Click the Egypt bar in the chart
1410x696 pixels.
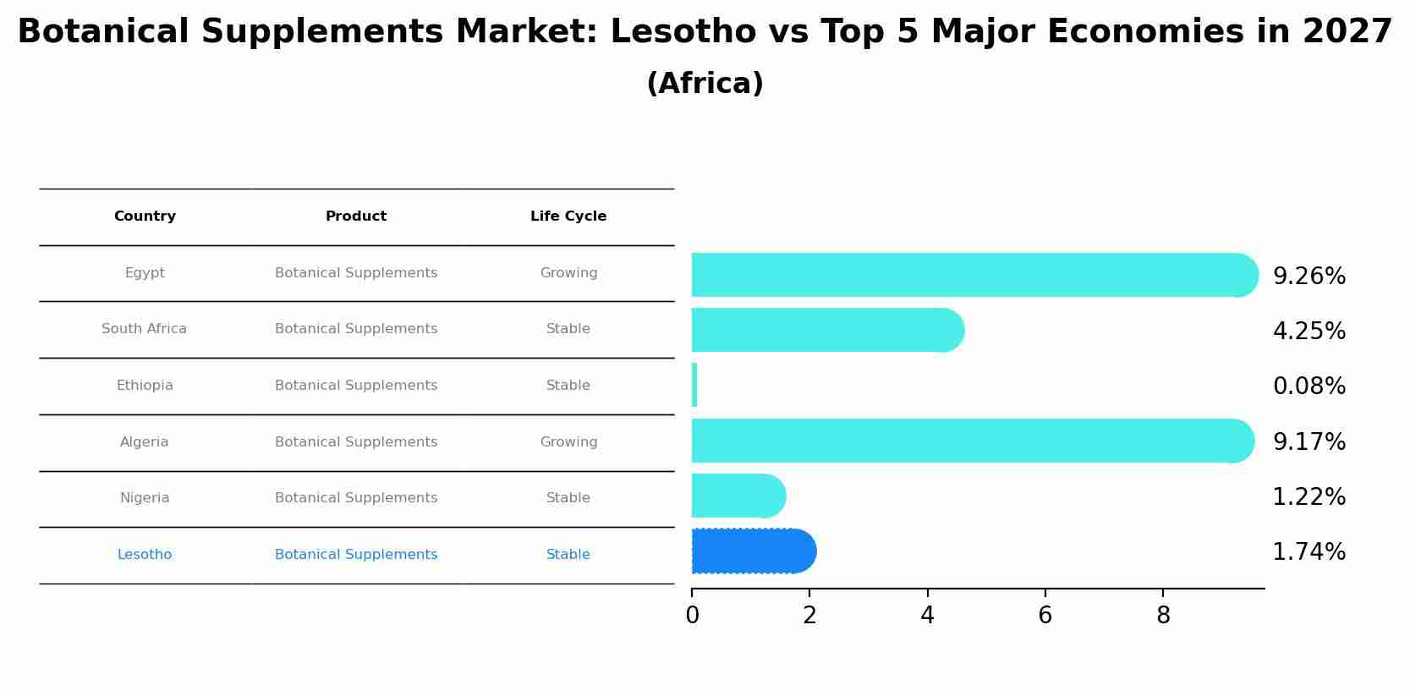pos(973,275)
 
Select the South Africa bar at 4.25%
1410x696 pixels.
pos(826,330)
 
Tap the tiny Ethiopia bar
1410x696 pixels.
pos(694,386)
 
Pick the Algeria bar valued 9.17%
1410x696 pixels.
pos(971,441)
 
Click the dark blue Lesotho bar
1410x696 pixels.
pos(753,551)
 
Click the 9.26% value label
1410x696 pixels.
pos(1309,277)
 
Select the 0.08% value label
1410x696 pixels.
pos(1309,386)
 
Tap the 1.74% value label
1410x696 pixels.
pos(1309,552)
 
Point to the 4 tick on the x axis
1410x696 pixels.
pos(927,616)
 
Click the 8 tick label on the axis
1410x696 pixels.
pos(1163,616)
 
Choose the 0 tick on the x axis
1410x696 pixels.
pos(692,616)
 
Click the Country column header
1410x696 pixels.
pos(145,216)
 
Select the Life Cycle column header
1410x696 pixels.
pos(568,216)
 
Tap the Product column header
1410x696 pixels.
pos(356,216)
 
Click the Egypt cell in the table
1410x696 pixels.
pos(145,273)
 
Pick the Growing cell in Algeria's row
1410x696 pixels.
pos(568,442)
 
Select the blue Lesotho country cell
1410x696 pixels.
pos(145,555)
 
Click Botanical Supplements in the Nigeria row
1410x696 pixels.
pos(356,498)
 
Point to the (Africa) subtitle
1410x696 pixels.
pos(705,84)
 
